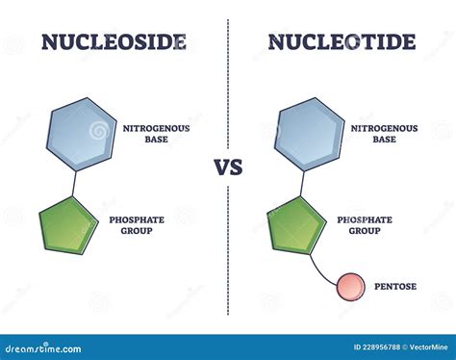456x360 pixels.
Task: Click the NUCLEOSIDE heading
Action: [114, 41]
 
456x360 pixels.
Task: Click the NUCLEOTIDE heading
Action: [342, 41]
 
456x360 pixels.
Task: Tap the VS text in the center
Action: [229, 167]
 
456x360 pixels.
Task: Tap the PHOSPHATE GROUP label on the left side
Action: [137, 225]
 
